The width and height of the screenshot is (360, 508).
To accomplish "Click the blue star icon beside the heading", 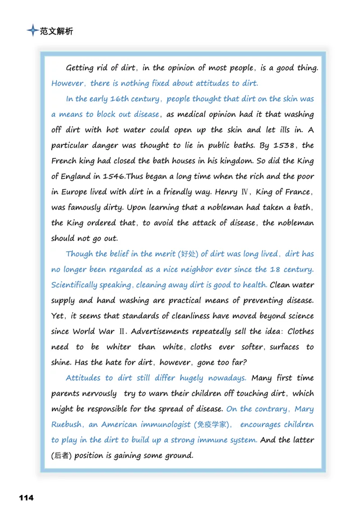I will click(x=32, y=31).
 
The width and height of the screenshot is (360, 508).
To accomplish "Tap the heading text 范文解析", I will click(x=56, y=31).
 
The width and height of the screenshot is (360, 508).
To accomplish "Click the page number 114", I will click(x=26, y=497).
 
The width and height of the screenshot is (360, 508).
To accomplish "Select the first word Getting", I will click(x=80, y=68).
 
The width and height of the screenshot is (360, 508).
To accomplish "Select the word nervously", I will click(x=95, y=394).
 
